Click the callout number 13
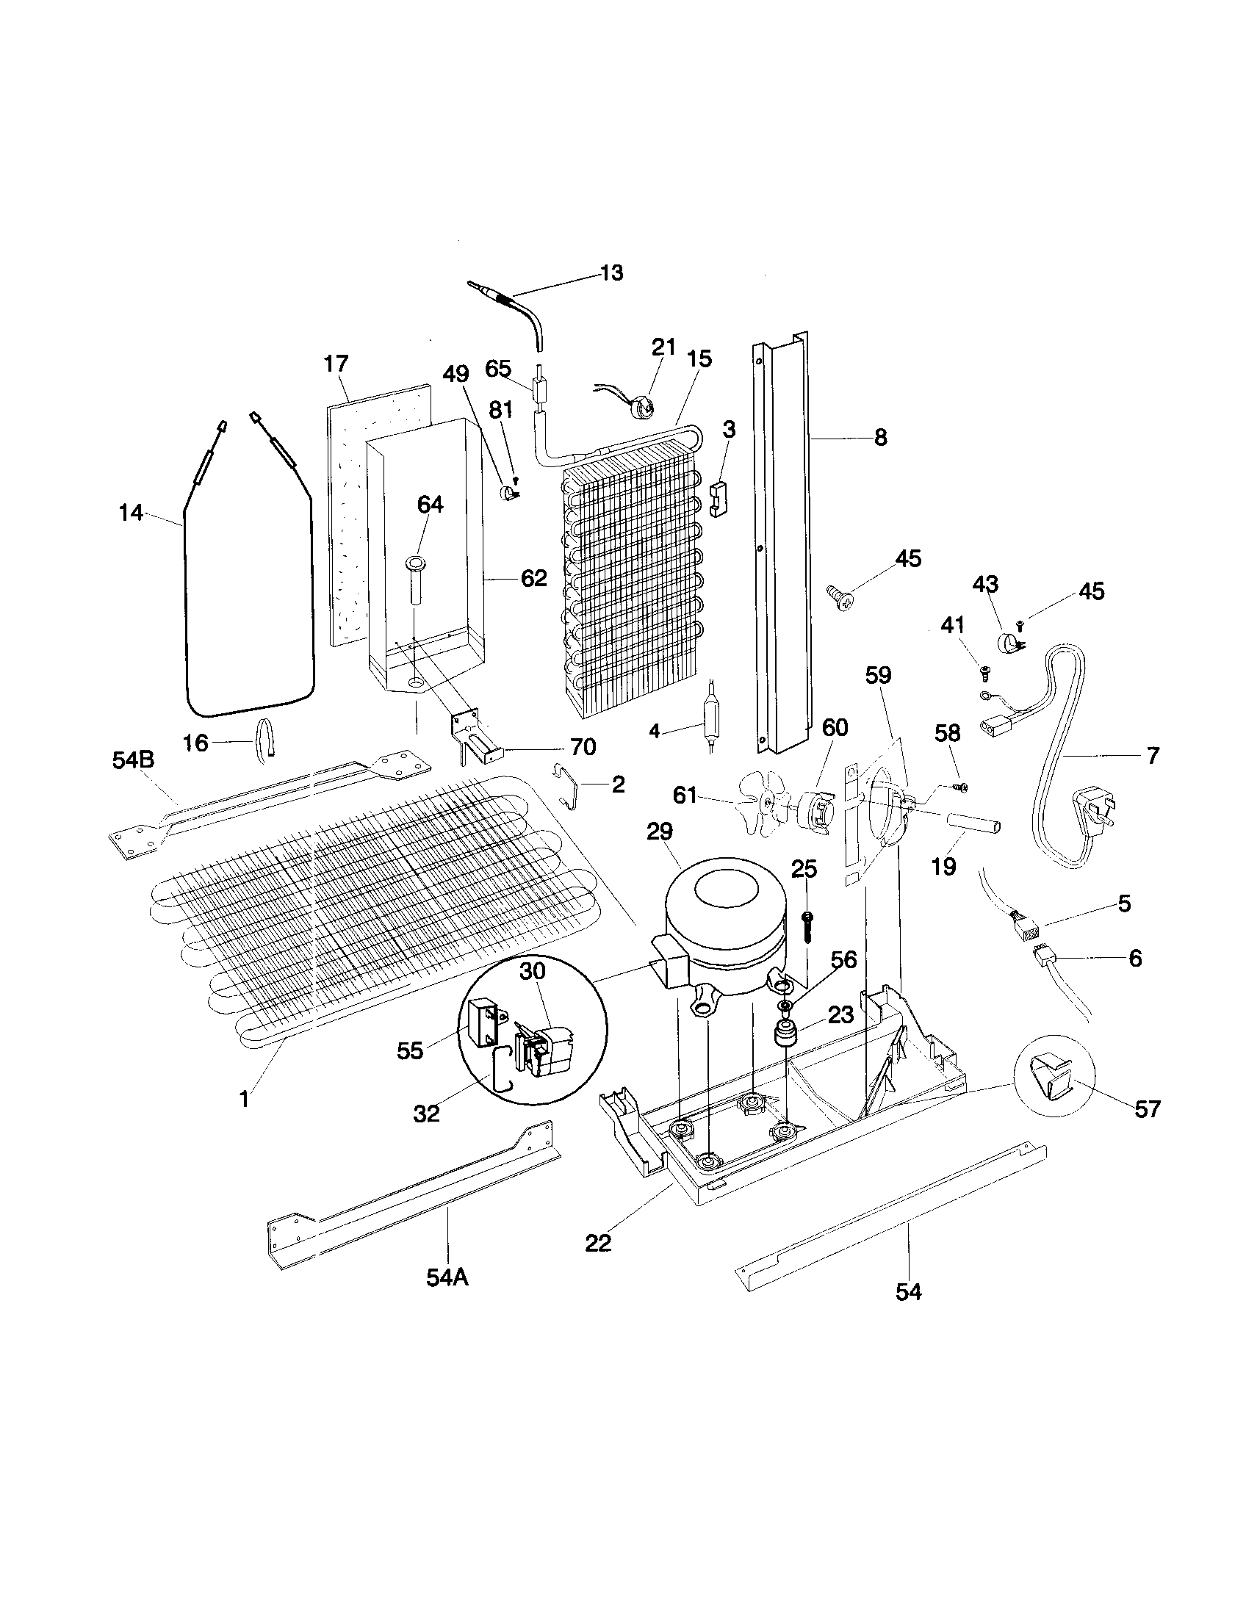point(612,273)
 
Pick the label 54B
point(134,760)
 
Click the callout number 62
point(533,578)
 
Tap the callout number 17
point(336,364)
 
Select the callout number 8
point(879,437)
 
